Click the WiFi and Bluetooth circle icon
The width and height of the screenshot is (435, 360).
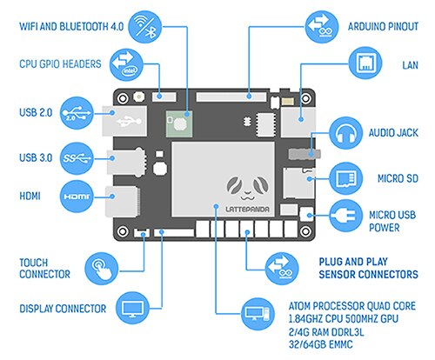144,27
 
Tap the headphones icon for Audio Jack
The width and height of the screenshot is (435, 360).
346,133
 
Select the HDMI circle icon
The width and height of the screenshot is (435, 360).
77,197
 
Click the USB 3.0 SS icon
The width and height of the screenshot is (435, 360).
77,158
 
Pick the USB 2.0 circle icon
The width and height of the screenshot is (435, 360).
77,113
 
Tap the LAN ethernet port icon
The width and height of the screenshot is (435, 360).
365,63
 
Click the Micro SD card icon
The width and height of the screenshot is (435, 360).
346,178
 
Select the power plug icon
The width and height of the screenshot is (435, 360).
346,216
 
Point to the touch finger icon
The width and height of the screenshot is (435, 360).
102,269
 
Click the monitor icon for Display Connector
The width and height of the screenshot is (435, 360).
132,308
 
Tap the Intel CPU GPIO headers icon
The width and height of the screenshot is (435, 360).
126,64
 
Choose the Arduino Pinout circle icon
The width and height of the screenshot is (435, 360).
322,27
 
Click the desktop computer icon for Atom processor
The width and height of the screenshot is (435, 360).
258,314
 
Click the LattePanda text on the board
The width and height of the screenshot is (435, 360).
247,209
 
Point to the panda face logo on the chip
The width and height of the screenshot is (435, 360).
247,189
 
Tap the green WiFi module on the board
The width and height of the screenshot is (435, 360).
179,123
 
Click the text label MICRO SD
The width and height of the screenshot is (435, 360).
398,178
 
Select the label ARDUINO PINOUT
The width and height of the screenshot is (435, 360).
383,27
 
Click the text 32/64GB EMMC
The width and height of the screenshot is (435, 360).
321,344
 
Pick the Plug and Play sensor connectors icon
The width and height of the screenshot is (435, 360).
282,269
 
